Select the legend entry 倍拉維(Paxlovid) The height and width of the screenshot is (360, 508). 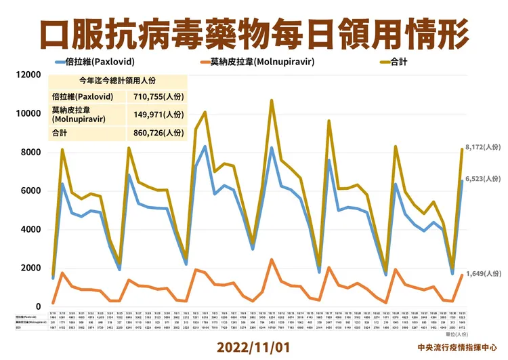pyautogui.click(x=96, y=62)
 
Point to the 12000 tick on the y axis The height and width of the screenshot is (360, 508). pyautogui.click(x=28, y=75)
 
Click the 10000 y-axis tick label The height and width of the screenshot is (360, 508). pyautogui.click(x=28, y=113)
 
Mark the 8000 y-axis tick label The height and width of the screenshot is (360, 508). pyautogui.click(x=30, y=152)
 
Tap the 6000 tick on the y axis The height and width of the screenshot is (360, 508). pyautogui.click(x=30, y=191)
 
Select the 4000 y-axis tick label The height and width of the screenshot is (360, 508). pyautogui.click(x=30, y=229)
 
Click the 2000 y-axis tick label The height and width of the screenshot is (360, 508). pyautogui.click(x=30, y=268)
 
